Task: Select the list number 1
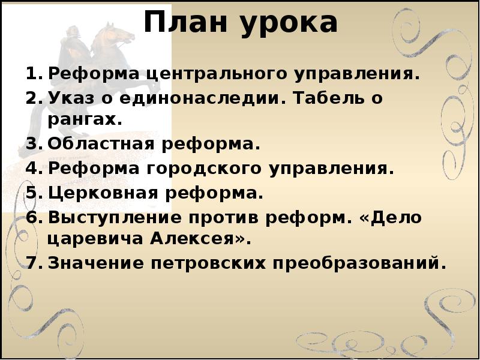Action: click(32, 74)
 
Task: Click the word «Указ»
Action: click(71, 98)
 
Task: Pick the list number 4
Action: click(32, 169)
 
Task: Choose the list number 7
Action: click(32, 263)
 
